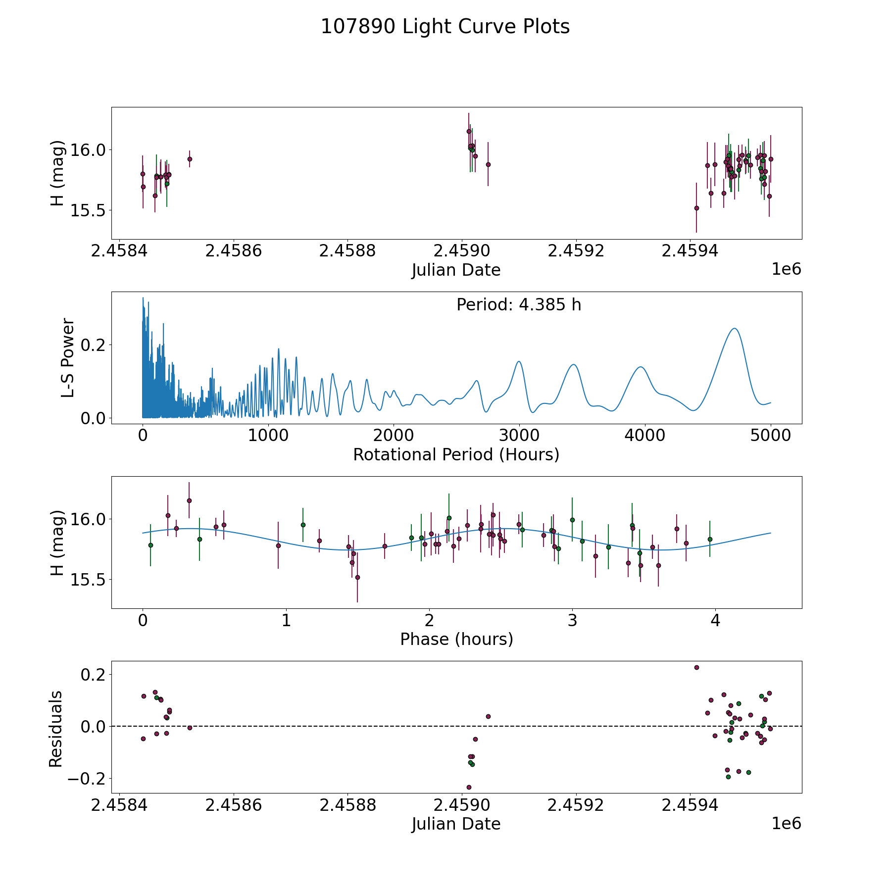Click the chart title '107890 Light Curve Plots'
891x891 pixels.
tap(445, 27)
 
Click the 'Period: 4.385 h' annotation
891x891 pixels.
tap(519, 305)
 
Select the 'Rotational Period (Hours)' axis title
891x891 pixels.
tap(456, 454)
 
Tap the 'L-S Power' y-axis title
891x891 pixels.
tap(68, 358)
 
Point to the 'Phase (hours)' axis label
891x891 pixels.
tap(456, 639)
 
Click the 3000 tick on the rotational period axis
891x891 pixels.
tap(519, 436)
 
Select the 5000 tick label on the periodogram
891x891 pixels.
tap(770, 436)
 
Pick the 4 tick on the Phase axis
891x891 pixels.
tap(715, 620)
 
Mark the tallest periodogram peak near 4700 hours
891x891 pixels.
tap(735, 329)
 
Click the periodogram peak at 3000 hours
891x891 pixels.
tap(519, 361)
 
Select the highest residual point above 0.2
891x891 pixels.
tap(696, 667)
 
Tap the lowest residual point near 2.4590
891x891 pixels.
tap(469, 787)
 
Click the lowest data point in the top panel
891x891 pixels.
tap(696, 208)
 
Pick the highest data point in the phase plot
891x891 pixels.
tap(189, 500)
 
